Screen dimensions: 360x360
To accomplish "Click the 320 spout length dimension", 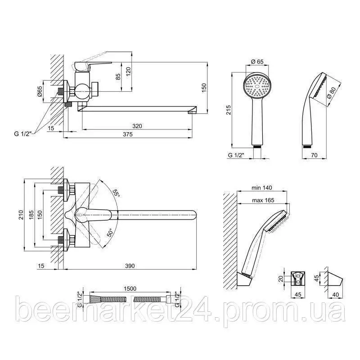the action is tap(137, 126).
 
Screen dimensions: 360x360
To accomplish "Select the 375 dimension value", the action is tap(128, 134).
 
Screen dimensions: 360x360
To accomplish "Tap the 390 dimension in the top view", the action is tap(130, 266).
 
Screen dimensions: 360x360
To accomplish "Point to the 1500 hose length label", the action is tap(130, 288).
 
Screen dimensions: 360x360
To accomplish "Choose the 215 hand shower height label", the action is tap(229, 110).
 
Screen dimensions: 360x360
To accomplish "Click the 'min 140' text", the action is tap(262, 188).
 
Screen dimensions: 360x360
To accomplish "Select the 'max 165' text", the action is tap(263, 200).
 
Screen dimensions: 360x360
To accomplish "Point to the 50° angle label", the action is tap(110, 233).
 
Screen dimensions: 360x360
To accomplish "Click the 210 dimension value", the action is tap(21, 215).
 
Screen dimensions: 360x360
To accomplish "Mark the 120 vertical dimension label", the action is tap(128, 72).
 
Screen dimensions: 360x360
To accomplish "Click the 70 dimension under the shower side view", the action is tap(314, 155).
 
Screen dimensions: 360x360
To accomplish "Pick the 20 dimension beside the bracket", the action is tap(280, 279).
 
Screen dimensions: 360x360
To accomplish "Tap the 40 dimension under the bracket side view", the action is tap(335, 294).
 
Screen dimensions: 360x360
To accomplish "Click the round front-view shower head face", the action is tap(257, 85).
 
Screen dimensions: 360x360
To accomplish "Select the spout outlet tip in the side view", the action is tap(193, 112).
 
